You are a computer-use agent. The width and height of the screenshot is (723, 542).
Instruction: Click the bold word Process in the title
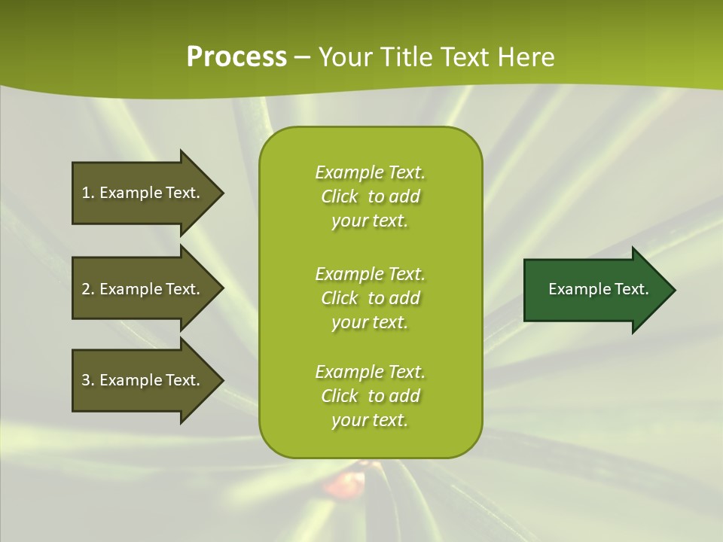pos(236,57)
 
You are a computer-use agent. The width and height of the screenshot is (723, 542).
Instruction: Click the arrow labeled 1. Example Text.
pos(143,193)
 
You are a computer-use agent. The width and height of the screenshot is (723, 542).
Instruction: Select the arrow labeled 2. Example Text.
pos(143,289)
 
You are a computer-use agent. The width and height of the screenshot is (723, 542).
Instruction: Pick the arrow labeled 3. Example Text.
pos(143,380)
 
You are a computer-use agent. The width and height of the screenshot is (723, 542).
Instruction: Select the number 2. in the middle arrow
pos(88,289)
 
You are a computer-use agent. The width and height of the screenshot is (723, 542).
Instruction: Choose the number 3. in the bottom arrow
pos(88,380)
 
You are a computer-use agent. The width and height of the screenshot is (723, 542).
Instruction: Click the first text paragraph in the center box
pos(370,196)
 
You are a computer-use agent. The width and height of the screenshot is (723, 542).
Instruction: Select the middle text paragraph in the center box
pos(370,298)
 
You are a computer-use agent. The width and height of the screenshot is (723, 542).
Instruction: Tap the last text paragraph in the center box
pos(370,396)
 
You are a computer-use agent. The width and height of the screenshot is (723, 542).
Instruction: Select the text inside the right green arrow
pos(598,289)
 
